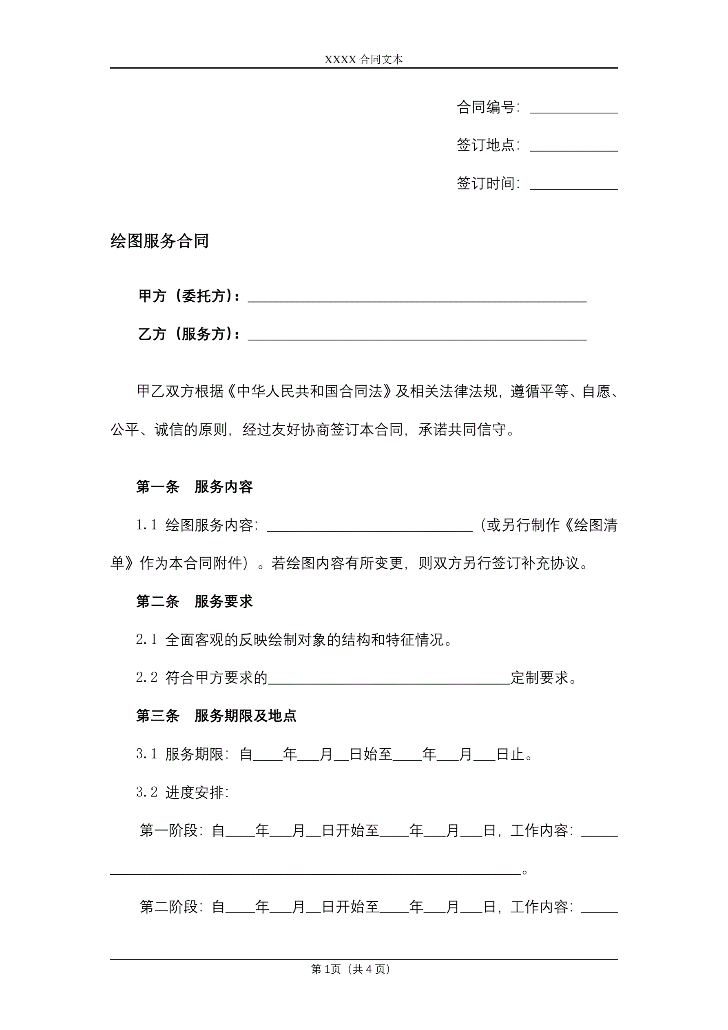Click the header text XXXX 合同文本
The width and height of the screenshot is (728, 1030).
coord(363,60)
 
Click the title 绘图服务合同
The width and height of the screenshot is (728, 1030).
coord(159,241)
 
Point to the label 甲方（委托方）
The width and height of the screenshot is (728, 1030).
coord(188,296)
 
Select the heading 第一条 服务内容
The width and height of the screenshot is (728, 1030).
coord(194,487)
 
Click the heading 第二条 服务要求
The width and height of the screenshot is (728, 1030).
coord(194,602)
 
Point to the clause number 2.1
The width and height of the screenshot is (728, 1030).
coord(146,640)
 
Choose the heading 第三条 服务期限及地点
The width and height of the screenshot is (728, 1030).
coord(216,716)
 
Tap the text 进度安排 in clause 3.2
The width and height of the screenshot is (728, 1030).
coord(195,793)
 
